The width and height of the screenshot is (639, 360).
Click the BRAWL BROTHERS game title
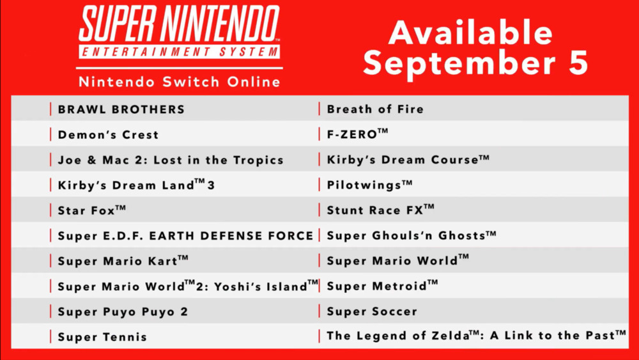(x=121, y=109)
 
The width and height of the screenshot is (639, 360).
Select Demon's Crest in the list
(x=108, y=134)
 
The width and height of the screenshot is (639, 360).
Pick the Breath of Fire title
(x=375, y=109)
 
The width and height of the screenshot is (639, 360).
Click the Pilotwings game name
(x=369, y=185)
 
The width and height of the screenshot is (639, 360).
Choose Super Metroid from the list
(x=382, y=285)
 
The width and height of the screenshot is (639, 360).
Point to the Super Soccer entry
(x=372, y=311)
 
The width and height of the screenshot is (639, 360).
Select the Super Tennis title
(x=102, y=337)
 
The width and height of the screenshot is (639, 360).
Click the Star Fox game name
(x=91, y=210)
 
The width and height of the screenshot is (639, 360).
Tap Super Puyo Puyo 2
(x=123, y=312)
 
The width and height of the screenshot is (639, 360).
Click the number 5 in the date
(x=578, y=63)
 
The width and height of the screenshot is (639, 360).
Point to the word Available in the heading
(x=471, y=33)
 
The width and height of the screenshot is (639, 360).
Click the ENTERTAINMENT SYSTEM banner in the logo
(x=179, y=52)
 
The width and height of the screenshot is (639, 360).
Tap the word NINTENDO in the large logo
(x=220, y=24)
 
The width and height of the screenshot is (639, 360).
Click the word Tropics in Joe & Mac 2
(x=258, y=160)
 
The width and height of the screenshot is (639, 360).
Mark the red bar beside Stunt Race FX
(x=319, y=210)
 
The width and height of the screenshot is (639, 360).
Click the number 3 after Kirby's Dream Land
(x=211, y=185)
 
